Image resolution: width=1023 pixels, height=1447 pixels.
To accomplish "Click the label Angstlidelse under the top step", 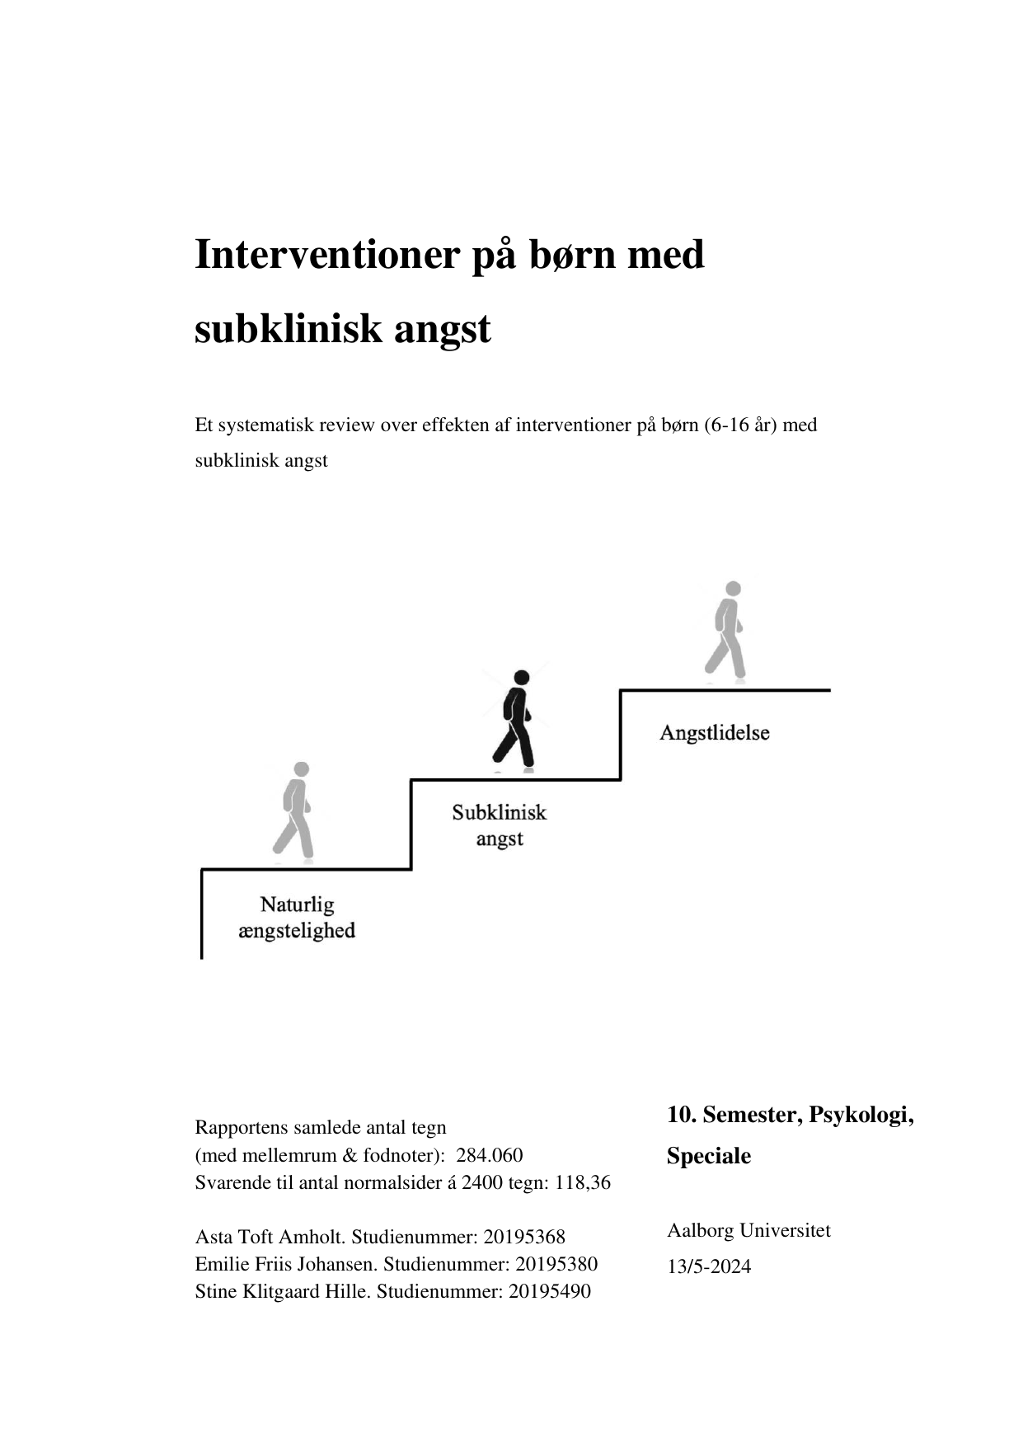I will [714, 733].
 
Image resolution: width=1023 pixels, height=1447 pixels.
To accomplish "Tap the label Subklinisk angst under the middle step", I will [499, 825].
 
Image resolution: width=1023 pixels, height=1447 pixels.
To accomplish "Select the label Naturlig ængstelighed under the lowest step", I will [297, 918].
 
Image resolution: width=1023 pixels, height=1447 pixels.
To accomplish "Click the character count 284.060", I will [489, 1155].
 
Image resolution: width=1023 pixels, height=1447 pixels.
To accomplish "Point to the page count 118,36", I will [583, 1182].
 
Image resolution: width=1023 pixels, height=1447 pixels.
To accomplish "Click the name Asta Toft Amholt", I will [270, 1237].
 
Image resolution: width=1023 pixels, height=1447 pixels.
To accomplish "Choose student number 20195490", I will [549, 1291].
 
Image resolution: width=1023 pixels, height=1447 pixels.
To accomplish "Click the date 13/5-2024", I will [709, 1266].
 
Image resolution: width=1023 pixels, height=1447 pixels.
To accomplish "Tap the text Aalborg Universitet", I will [748, 1230].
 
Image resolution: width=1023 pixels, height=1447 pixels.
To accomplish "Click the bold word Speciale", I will [708, 1156].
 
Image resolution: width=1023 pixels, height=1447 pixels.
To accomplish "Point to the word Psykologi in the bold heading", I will [860, 1116].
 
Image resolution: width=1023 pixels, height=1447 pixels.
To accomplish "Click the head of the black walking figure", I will [521, 678].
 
